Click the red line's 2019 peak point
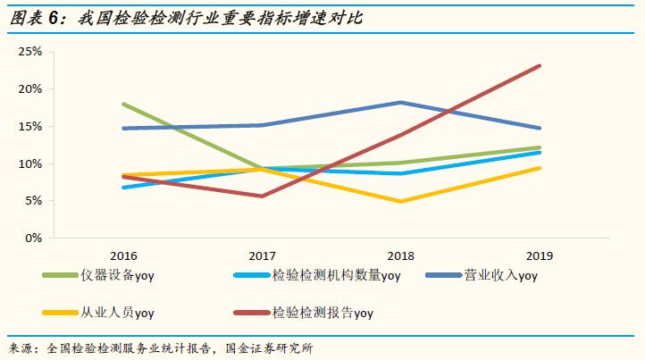pyautogui.click(x=540, y=65)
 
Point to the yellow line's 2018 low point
pyautogui.click(x=400, y=202)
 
